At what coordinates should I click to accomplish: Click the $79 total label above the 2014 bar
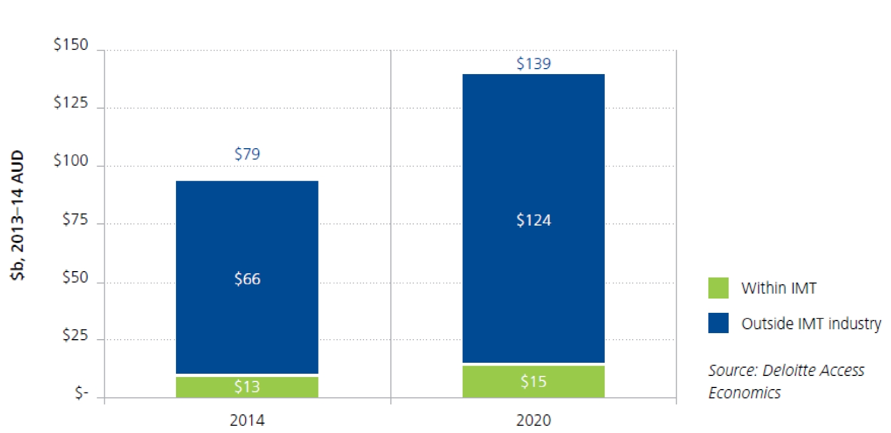(x=247, y=154)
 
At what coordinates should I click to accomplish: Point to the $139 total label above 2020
(x=533, y=64)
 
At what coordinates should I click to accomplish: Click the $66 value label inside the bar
(x=247, y=279)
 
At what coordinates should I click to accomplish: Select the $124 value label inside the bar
(x=533, y=220)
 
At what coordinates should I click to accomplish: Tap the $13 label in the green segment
(x=247, y=387)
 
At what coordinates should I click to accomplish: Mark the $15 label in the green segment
(x=533, y=381)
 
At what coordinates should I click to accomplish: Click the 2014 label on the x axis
(x=247, y=420)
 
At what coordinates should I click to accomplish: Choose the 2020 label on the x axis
(x=533, y=420)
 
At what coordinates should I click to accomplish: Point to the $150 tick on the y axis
(x=71, y=45)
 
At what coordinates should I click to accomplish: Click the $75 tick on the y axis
(x=75, y=220)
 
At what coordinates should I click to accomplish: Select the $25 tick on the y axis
(x=75, y=335)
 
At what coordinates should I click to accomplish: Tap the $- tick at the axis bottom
(x=81, y=393)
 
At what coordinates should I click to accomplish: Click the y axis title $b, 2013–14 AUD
(x=18, y=215)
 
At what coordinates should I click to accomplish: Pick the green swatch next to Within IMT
(x=718, y=288)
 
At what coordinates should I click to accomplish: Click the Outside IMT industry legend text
(x=810, y=324)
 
